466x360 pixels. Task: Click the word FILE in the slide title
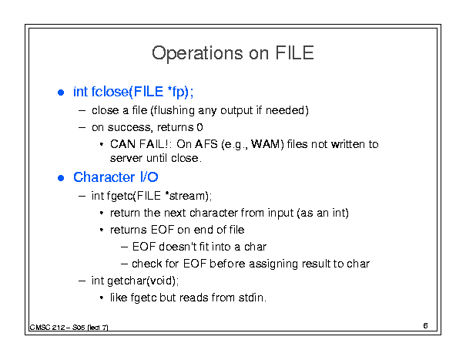(x=294, y=53)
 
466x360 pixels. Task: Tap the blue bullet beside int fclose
(x=61, y=93)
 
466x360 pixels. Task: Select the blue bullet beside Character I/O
(x=61, y=178)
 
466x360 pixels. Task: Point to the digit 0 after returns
(x=199, y=127)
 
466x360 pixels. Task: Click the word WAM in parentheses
(x=267, y=144)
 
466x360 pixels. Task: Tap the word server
(x=126, y=158)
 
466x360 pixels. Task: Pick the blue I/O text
(x=149, y=177)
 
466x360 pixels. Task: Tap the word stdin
(x=252, y=298)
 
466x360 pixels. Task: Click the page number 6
(x=425, y=326)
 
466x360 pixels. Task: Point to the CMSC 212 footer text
(x=69, y=328)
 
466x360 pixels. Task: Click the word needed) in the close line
(x=287, y=110)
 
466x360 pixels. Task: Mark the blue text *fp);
(x=180, y=92)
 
